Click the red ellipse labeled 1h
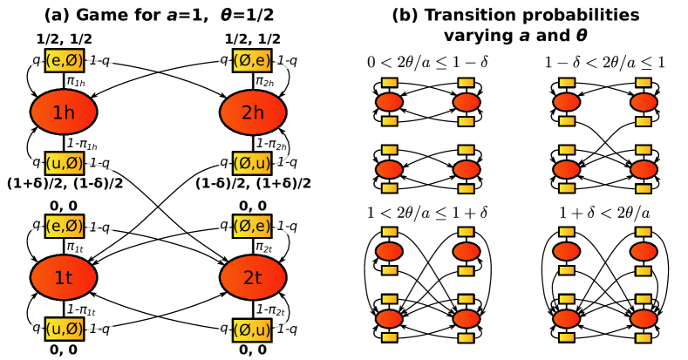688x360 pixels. tap(64, 112)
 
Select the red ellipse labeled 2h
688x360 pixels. tap(253, 112)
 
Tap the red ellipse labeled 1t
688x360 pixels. tap(64, 277)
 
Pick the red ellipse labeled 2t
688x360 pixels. tap(253, 277)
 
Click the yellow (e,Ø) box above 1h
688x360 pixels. tap(65, 60)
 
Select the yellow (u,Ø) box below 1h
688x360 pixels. tap(65, 163)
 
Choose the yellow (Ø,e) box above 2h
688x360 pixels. tap(252, 60)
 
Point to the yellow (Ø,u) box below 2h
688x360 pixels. tap(252, 163)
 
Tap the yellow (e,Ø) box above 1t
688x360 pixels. tap(65, 226)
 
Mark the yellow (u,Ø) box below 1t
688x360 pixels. tap(65, 329)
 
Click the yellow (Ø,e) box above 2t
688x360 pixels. tap(252, 226)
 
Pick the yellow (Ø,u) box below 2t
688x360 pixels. tap(252, 329)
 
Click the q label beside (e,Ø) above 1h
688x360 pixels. tap(37, 60)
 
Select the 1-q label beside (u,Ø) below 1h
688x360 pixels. tap(99, 163)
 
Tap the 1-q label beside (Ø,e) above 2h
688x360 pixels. tap(287, 60)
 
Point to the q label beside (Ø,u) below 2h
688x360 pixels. tap(224, 163)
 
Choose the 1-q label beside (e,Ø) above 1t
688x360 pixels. tap(99, 228)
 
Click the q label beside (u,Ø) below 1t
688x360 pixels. tap(37, 329)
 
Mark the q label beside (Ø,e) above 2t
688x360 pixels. tap(224, 226)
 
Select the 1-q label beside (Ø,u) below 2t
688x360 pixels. tap(287, 329)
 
